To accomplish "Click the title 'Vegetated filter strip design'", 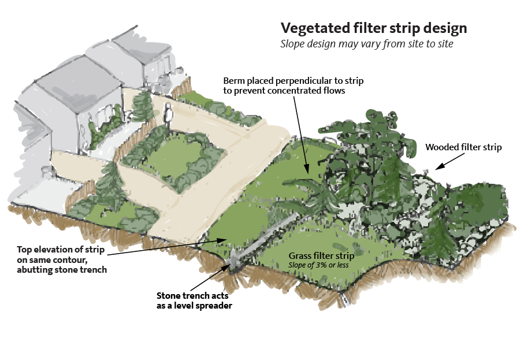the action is [374, 29].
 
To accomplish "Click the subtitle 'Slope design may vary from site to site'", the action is [366, 44].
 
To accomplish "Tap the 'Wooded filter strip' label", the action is [463, 147].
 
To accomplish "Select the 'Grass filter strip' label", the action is [321, 256].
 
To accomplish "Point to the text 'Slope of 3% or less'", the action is [318, 265].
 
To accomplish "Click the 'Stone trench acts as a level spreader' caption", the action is [194, 300].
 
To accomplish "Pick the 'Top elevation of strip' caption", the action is [62, 259].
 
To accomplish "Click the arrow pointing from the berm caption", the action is [301, 135].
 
